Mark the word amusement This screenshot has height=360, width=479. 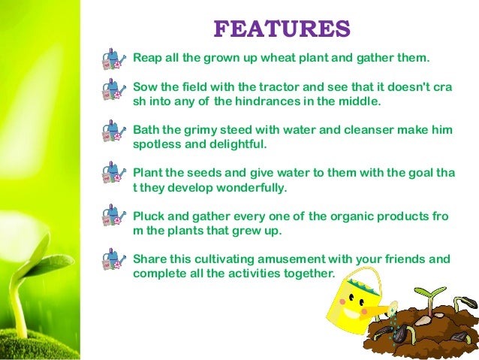point(284,259)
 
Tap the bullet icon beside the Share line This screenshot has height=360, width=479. point(114,260)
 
